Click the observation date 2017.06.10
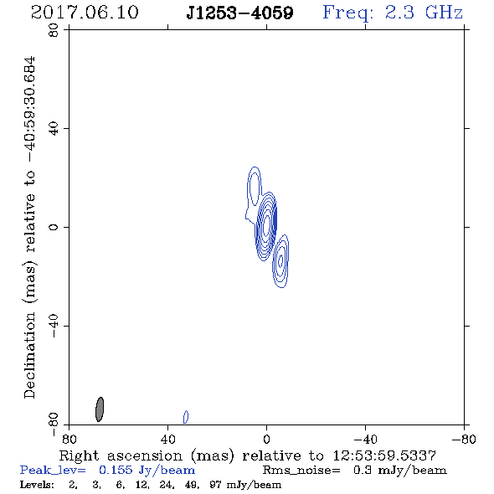(85, 13)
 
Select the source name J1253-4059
(239, 13)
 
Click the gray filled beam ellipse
(100, 409)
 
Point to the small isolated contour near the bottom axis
(186, 417)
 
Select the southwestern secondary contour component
(280, 261)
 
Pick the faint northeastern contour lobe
(254, 186)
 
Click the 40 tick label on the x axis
(167, 440)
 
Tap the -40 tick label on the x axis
(365, 440)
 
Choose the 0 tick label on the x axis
(266, 440)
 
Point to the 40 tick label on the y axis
(54, 128)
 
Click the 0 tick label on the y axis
(54, 227)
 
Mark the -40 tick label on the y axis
(54, 326)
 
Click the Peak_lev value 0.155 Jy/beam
(147, 471)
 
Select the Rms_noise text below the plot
(301, 471)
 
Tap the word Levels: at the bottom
(37, 485)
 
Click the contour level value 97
(215, 485)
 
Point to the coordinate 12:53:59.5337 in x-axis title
(384, 455)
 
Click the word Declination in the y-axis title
(29, 355)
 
